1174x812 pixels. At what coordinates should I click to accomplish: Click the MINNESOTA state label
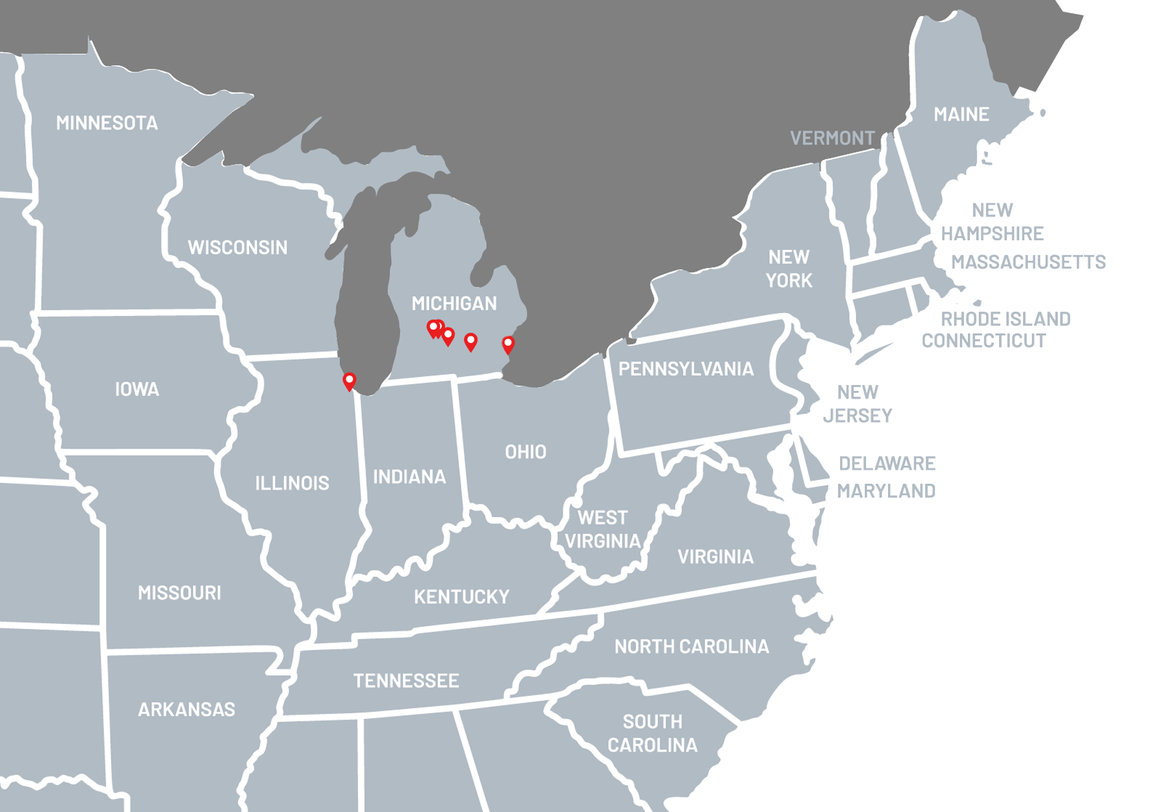pos(107,123)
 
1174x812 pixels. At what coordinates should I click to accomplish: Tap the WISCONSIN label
pos(238,247)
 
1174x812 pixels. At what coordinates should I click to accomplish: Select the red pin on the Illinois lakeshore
pos(349,380)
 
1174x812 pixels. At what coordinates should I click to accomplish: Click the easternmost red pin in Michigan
pos(508,344)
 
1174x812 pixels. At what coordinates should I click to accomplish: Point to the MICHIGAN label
pos(454,303)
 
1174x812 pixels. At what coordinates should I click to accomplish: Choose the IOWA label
pos(137,389)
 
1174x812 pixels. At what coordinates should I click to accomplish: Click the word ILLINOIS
pos(292,483)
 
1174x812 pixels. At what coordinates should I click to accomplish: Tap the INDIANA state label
pos(410,476)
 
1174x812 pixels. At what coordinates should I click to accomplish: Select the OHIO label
pos(525,452)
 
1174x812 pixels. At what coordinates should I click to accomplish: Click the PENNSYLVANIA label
pos(686,369)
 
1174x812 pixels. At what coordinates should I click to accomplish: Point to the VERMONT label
pos(832,138)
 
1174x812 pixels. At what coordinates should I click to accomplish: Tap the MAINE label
pos(962,114)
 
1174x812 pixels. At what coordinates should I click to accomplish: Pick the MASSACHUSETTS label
pos(1028,261)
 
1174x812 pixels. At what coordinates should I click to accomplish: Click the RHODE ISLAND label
pos(1006,319)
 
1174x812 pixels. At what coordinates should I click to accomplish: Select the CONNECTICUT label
pos(983,341)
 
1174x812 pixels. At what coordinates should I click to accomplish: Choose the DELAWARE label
pos(887,463)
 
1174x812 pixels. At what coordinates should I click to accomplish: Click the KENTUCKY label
pos(461,597)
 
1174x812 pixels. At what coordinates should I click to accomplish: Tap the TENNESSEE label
pos(406,680)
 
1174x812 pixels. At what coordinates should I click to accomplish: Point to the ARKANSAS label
pos(187,709)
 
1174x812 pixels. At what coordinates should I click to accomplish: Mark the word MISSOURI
pos(180,592)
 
